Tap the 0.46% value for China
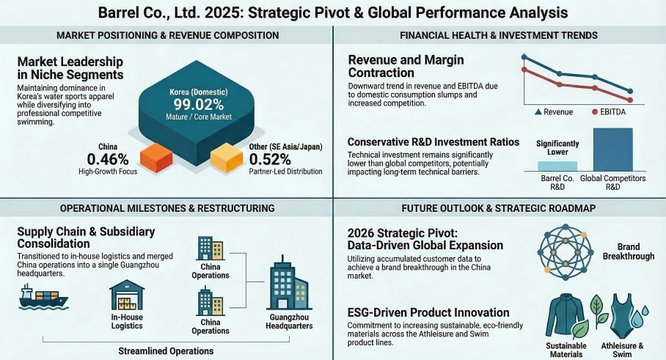[x=107, y=159]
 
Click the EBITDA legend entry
[x=613, y=112]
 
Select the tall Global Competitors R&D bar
[x=612, y=150]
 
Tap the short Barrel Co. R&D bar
[x=557, y=166]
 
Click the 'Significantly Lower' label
[x=558, y=149]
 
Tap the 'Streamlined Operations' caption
[x=166, y=350]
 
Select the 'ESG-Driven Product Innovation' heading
[x=429, y=312]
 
